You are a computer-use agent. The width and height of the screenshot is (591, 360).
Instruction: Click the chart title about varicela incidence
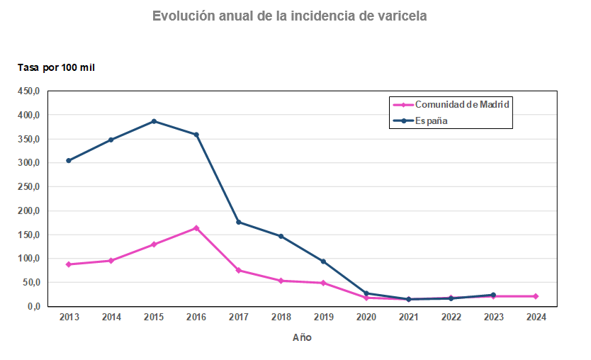(290, 16)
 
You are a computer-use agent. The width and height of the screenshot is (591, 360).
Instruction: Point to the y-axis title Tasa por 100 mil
(56, 67)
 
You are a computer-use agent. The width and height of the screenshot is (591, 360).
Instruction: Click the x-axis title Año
(302, 337)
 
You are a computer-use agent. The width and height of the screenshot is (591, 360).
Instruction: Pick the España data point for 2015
(154, 121)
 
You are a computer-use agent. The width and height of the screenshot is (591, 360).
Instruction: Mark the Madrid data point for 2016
(196, 228)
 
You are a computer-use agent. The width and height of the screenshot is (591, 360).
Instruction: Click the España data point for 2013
(69, 161)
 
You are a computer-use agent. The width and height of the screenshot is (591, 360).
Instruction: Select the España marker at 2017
(239, 222)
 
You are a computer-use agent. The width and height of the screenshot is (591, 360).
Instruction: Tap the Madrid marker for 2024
(536, 296)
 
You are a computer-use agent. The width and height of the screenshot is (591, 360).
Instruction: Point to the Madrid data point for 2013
(69, 264)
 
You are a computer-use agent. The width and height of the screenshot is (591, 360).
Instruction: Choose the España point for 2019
(323, 261)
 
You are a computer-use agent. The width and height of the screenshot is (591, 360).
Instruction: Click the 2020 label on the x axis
(366, 317)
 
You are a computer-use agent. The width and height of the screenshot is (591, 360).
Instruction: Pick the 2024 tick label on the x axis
(536, 317)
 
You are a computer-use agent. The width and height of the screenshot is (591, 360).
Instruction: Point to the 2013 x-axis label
(69, 317)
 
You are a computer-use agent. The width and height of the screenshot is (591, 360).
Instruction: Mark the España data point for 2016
(196, 135)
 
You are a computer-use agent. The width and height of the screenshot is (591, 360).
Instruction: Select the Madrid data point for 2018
(281, 281)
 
